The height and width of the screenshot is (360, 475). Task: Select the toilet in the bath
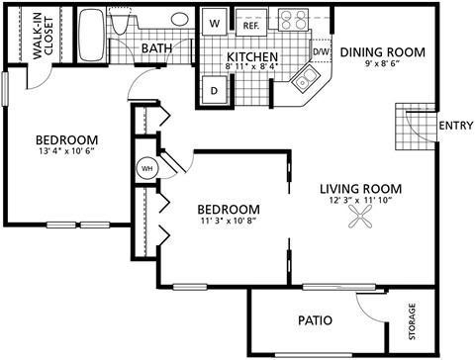pos(121,25)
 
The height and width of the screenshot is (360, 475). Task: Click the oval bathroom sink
pos(181,19)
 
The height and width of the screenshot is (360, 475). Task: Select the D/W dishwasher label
pos(322,50)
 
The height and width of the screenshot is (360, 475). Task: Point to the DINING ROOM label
pos(383,51)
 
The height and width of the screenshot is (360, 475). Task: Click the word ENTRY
pos(453,125)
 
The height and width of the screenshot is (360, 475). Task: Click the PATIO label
pos(315,320)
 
